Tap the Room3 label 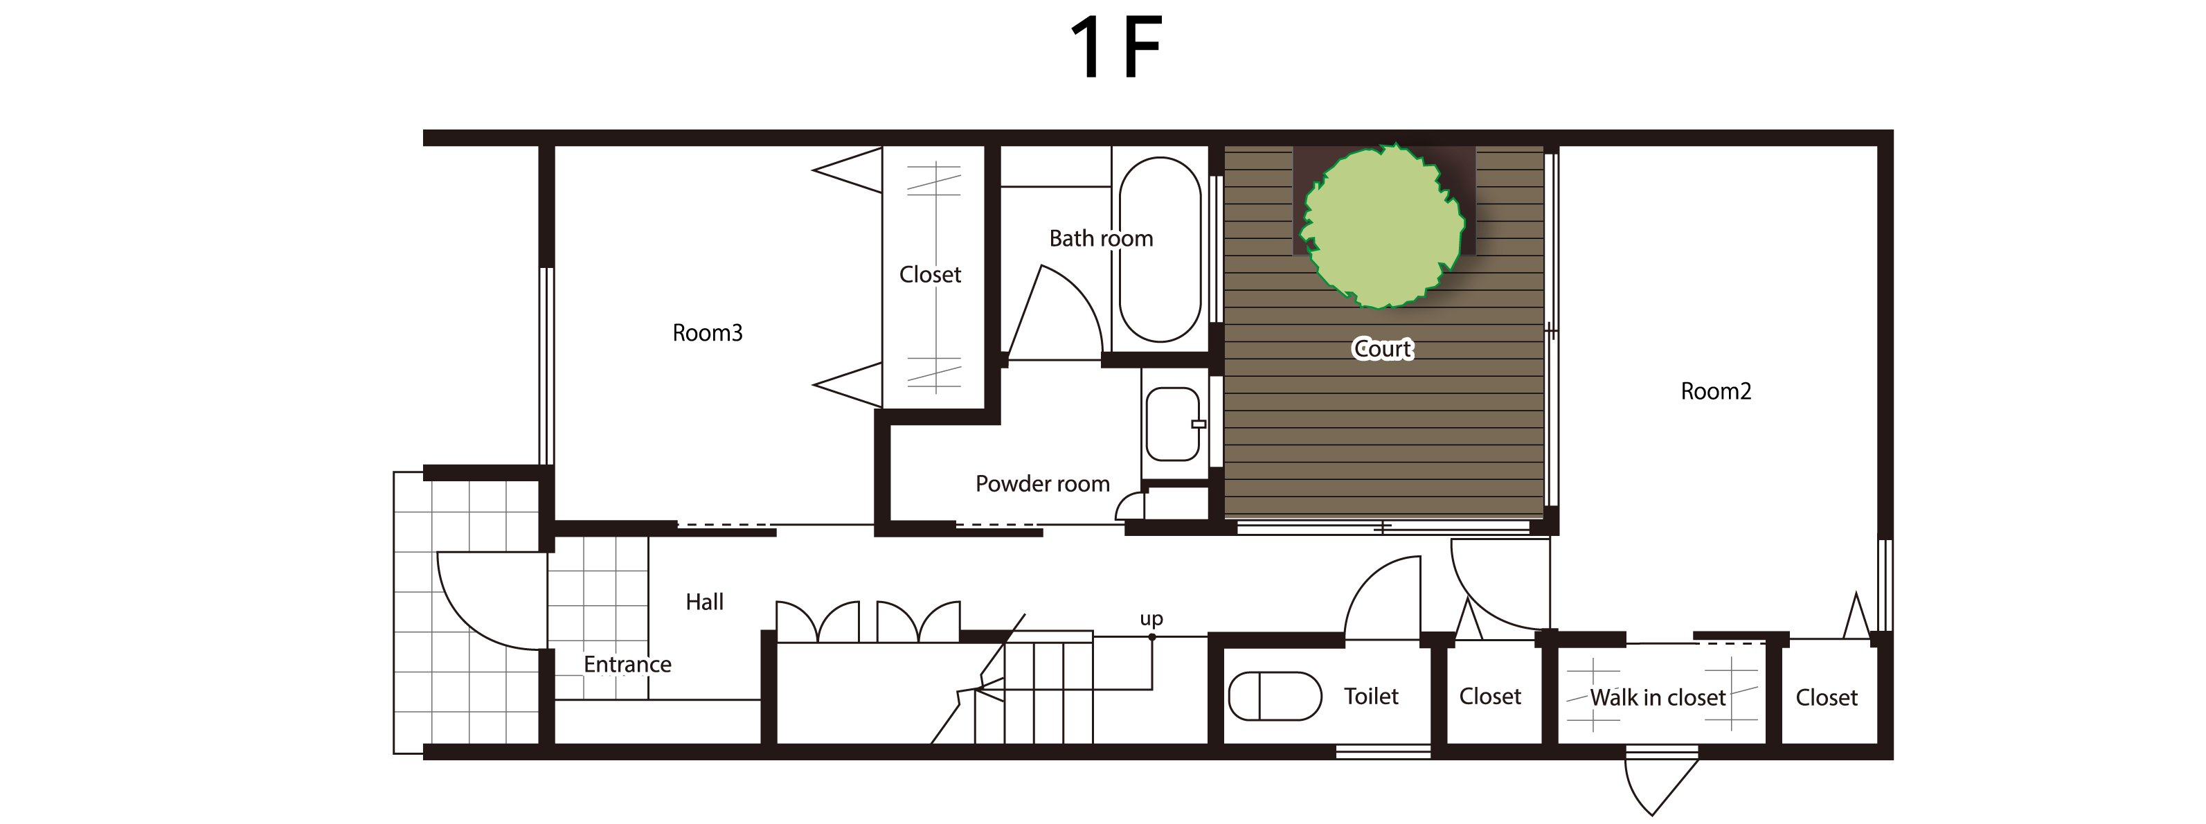pyautogui.click(x=708, y=333)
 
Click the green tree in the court pyautogui.click(x=1382, y=226)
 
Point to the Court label pyautogui.click(x=1382, y=348)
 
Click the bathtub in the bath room pyautogui.click(x=1160, y=249)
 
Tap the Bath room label pyautogui.click(x=1102, y=238)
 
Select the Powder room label pyautogui.click(x=1042, y=484)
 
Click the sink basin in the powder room pyautogui.click(x=1172, y=424)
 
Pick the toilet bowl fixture pyautogui.click(x=1275, y=695)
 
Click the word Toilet pyautogui.click(x=1370, y=697)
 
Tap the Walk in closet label pyautogui.click(x=1657, y=698)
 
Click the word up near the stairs pyautogui.click(x=1151, y=618)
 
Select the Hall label pyautogui.click(x=704, y=602)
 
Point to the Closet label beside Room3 pyautogui.click(x=930, y=275)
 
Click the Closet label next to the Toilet pyautogui.click(x=1490, y=697)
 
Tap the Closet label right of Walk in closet pyautogui.click(x=1827, y=698)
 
